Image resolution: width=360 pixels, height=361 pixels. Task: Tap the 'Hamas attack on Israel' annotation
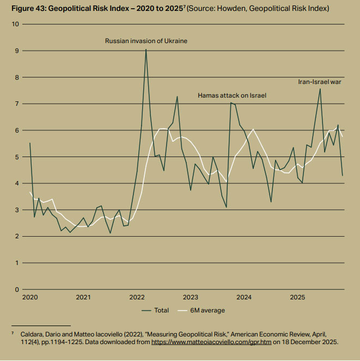(235, 95)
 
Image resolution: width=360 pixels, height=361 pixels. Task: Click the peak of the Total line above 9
(146, 50)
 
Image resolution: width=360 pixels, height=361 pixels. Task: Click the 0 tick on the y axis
(17, 290)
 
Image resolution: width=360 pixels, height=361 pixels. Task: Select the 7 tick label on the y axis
(17, 104)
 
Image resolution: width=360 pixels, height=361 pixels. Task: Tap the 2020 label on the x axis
(29, 298)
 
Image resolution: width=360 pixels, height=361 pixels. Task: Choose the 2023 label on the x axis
(190, 298)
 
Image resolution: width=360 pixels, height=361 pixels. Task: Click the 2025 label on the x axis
(297, 298)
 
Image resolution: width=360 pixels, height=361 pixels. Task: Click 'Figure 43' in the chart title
(25, 9)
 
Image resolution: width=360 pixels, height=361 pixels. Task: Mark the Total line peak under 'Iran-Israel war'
(320, 88)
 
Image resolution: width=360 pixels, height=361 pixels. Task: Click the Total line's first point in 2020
(30, 143)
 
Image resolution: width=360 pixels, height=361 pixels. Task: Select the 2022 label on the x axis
(137, 298)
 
